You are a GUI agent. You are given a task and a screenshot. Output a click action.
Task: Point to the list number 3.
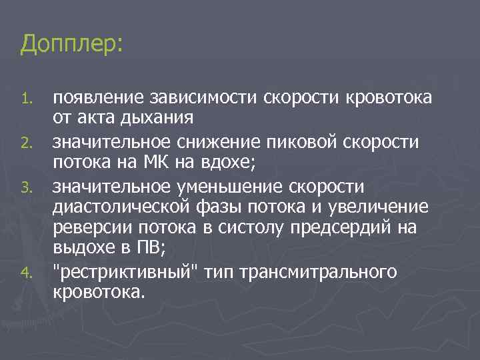point(26,186)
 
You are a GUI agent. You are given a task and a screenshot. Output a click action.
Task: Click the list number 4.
point(26,272)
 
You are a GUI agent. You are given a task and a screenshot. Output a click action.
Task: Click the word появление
point(94,99)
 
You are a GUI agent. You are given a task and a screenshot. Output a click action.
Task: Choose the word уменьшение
point(253,185)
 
